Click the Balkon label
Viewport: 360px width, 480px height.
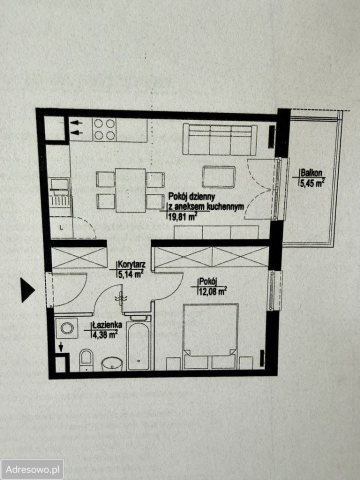(311, 172)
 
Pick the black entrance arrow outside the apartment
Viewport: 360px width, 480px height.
(27, 290)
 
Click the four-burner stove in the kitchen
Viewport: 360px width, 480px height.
(104, 129)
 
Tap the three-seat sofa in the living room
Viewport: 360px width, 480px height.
(220, 139)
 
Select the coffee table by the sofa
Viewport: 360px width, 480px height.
(219, 176)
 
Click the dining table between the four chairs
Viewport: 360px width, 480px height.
(130, 190)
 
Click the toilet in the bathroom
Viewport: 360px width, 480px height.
(86, 360)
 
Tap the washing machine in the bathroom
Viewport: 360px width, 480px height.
(66, 328)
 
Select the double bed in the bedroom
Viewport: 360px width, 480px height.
(210, 336)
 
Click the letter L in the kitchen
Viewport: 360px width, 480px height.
(61, 227)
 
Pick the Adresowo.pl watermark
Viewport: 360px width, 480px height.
(32, 469)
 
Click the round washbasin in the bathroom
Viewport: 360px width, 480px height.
(112, 363)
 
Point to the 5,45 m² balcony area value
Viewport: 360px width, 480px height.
(312, 183)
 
